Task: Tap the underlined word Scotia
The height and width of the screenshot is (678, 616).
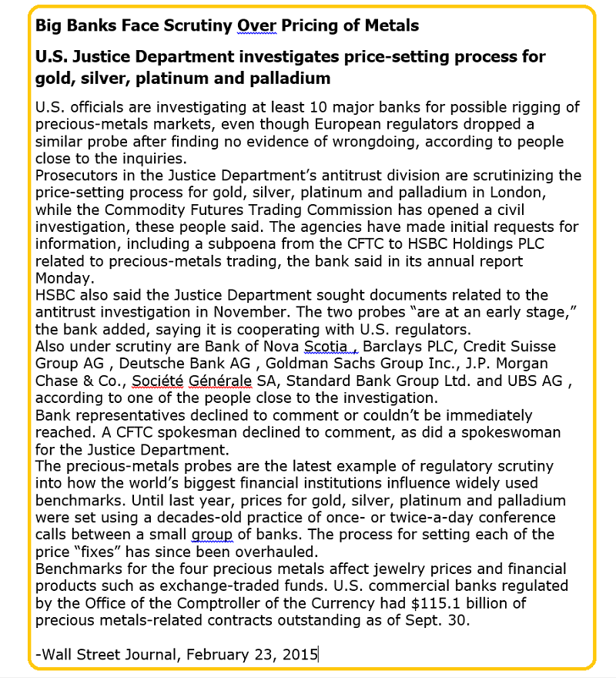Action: pyautogui.click(x=326, y=346)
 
